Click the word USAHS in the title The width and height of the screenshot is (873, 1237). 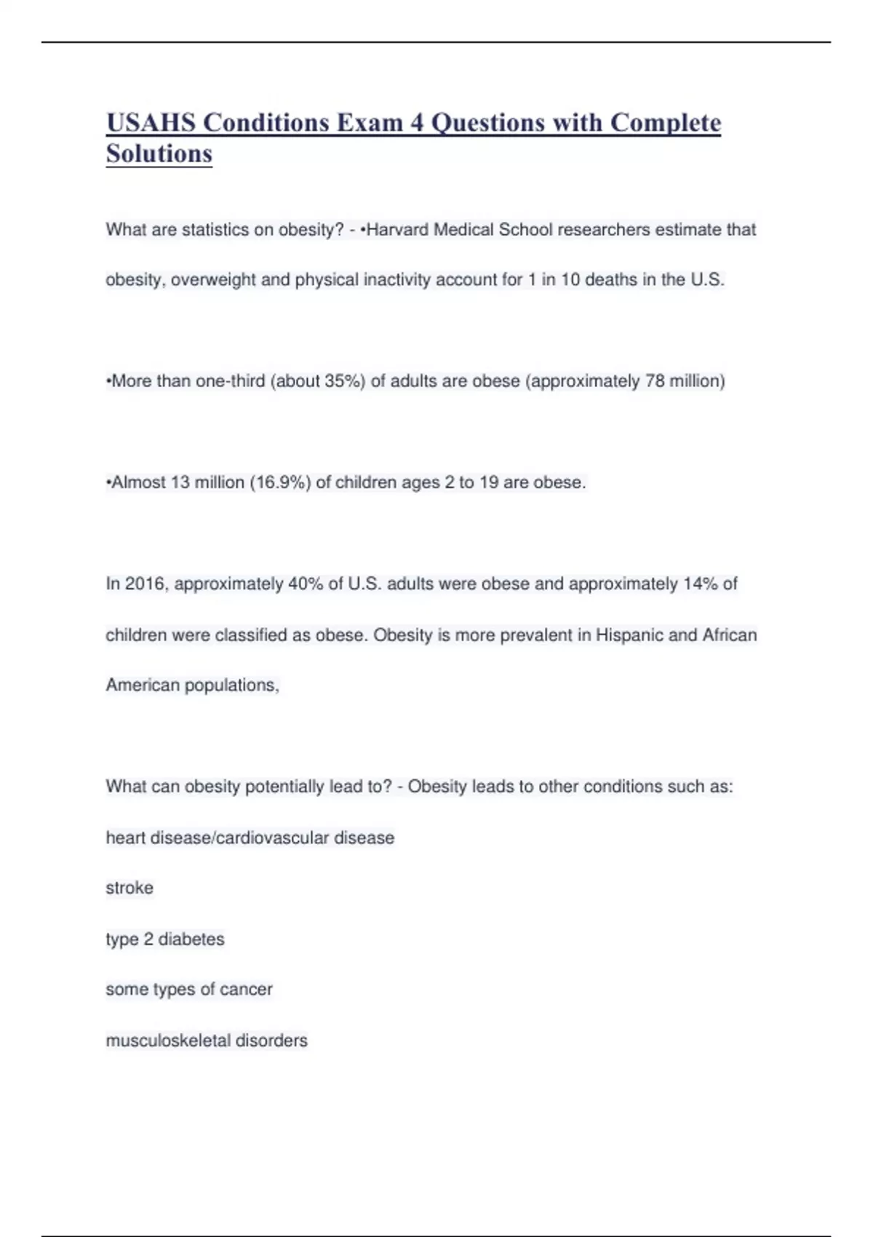(151, 122)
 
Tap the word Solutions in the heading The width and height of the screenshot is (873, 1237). (159, 154)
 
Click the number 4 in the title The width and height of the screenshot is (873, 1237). (416, 122)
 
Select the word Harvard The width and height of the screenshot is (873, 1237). (397, 230)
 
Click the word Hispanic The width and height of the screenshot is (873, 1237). (629, 635)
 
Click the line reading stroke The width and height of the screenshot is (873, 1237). (129, 888)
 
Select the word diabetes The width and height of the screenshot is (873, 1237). (191, 939)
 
